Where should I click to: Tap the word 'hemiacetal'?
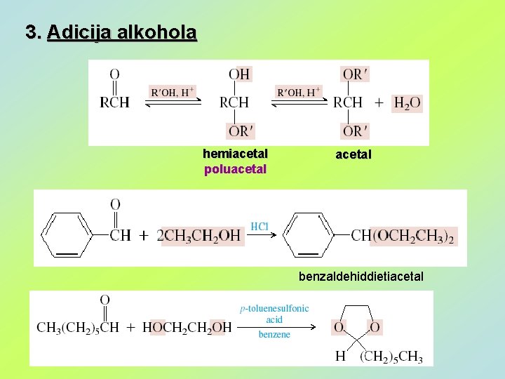235,154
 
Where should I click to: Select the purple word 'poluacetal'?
235,168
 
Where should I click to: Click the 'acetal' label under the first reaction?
353,154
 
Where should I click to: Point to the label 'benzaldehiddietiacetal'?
361,277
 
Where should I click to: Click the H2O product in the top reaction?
407,103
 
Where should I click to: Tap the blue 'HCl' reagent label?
260,226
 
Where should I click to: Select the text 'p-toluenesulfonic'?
274,308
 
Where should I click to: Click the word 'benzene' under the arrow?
274,334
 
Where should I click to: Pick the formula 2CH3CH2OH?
200,237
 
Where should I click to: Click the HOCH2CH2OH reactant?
187,327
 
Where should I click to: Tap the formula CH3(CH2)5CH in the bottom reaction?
78,327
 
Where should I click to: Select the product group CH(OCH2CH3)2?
403,236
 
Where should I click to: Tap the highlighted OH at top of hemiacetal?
239,74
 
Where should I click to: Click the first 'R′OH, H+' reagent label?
173,93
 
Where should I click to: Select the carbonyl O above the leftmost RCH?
114,74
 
